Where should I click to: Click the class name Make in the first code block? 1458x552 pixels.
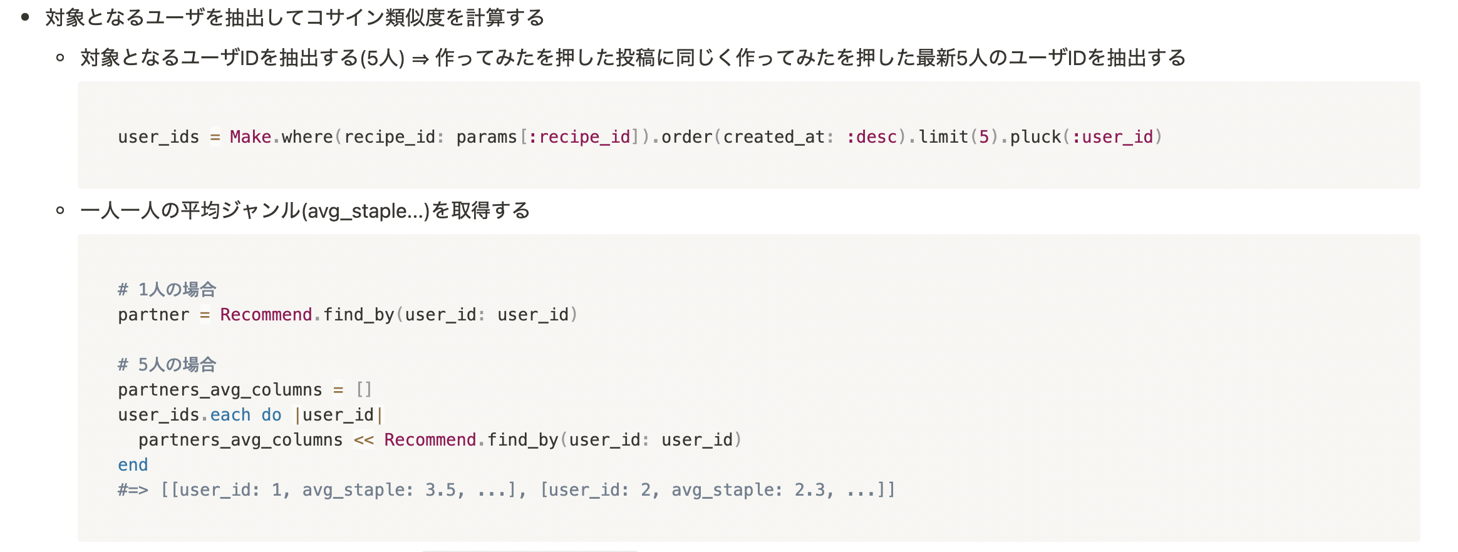(x=251, y=137)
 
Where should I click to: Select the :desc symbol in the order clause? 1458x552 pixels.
(x=872, y=137)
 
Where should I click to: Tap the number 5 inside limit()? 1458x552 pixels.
(x=984, y=137)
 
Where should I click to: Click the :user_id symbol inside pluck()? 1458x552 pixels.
(x=1112, y=137)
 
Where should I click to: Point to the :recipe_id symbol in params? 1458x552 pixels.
(x=579, y=137)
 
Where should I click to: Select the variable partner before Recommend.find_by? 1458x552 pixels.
(x=153, y=315)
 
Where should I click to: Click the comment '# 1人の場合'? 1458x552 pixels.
(x=167, y=290)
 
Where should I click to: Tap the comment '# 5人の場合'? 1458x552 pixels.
(x=167, y=365)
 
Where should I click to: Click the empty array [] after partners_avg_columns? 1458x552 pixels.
(x=364, y=390)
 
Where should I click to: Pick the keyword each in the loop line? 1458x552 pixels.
(x=230, y=415)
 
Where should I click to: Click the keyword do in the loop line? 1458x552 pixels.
(x=271, y=415)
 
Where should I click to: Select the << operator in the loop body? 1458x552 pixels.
(x=364, y=440)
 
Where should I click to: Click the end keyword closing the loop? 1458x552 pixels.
(x=133, y=465)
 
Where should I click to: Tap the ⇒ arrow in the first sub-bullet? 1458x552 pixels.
(x=420, y=59)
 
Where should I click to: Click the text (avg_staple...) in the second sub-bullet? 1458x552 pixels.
(x=365, y=211)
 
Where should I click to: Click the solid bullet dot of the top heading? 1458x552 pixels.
(x=25, y=17)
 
